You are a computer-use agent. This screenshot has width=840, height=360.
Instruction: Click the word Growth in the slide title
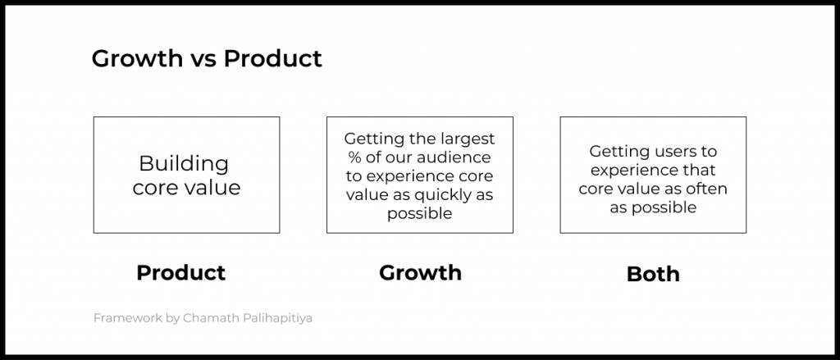(137, 58)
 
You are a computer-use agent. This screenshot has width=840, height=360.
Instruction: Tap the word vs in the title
(203, 60)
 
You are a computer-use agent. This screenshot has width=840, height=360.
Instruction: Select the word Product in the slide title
(272, 58)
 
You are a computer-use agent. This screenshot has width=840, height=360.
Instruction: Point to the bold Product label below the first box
(181, 273)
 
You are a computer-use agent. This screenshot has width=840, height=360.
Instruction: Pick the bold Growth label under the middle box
(420, 273)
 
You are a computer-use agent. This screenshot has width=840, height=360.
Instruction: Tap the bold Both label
(653, 274)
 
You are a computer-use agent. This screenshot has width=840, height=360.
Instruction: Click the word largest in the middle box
(468, 139)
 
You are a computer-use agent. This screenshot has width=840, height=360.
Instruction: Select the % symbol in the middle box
(354, 157)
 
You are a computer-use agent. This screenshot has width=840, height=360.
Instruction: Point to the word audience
(458, 158)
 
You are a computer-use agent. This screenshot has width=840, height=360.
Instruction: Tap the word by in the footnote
(172, 318)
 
